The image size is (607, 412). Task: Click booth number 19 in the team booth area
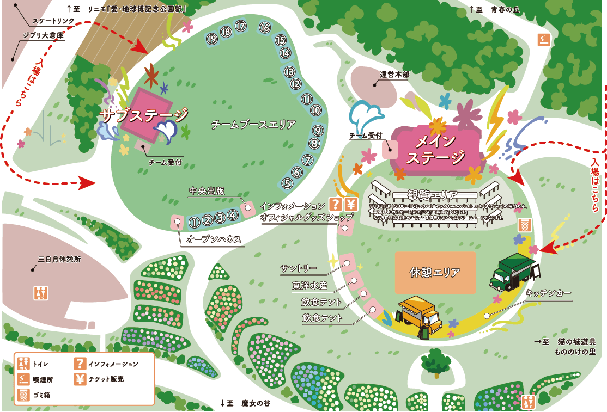212,39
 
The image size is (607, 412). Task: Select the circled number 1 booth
193,222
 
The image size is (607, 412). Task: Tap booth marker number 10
316,110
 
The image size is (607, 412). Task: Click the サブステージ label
144,115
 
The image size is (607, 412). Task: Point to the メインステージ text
435,149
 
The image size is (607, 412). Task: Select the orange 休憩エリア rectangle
435,272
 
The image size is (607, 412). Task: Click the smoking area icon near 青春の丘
544,39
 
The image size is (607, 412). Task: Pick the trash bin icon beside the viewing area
524,224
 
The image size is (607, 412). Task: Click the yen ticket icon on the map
351,205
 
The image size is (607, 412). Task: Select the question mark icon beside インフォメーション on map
335,205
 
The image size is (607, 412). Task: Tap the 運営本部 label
394,75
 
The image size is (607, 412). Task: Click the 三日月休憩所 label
59,260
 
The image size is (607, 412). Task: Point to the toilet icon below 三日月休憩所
41,293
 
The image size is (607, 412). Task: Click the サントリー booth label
299,268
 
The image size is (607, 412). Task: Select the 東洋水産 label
309,285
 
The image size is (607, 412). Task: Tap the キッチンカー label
549,293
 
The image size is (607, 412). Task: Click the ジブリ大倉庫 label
43,35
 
